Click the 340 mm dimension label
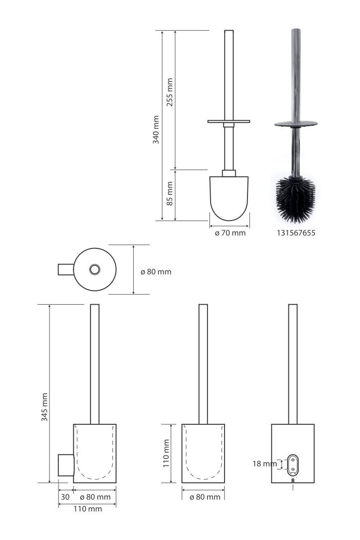tap(156, 130)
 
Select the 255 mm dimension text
tap(170, 92)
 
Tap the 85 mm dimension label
tap(170, 193)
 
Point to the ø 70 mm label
tap(230, 233)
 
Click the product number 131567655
tap(296, 233)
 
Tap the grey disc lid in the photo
tap(296, 124)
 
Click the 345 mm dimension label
tap(45, 407)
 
